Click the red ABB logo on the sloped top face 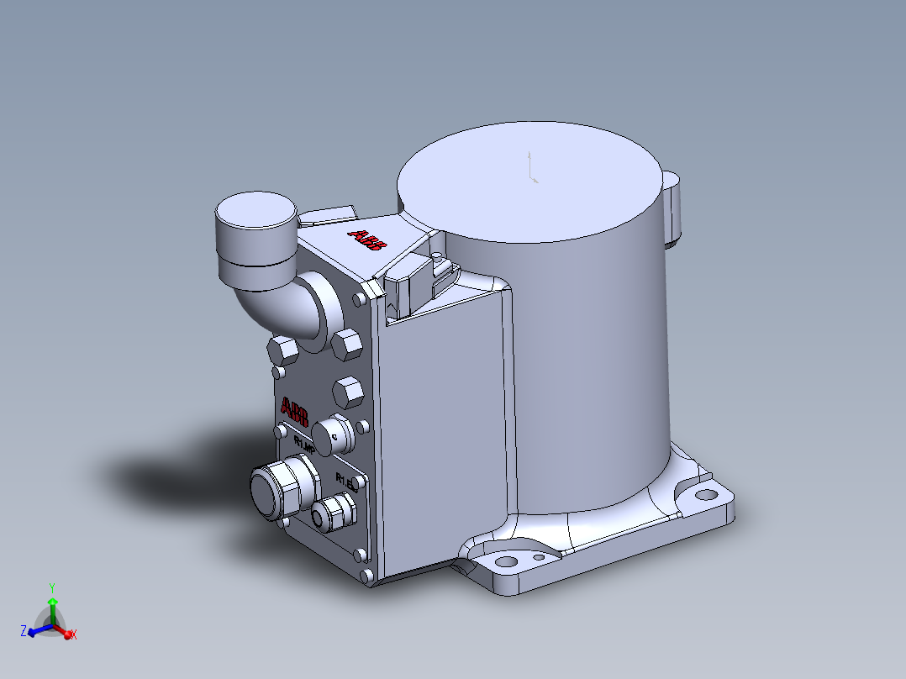pos(368,240)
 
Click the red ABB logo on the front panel pos(295,413)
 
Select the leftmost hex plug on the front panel pos(280,350)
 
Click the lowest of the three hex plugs pos(347,392)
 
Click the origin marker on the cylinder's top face pos(531,168)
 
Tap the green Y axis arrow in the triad pos(52,605)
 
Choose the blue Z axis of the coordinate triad pos(35,630)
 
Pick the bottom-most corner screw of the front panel pos(368,576)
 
